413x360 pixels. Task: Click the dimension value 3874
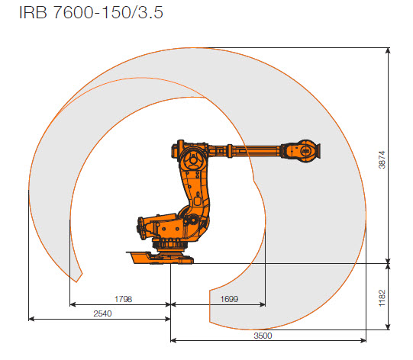pos(396,158)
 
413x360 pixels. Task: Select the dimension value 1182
pos(396,297)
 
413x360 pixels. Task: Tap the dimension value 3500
pos(263,334)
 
